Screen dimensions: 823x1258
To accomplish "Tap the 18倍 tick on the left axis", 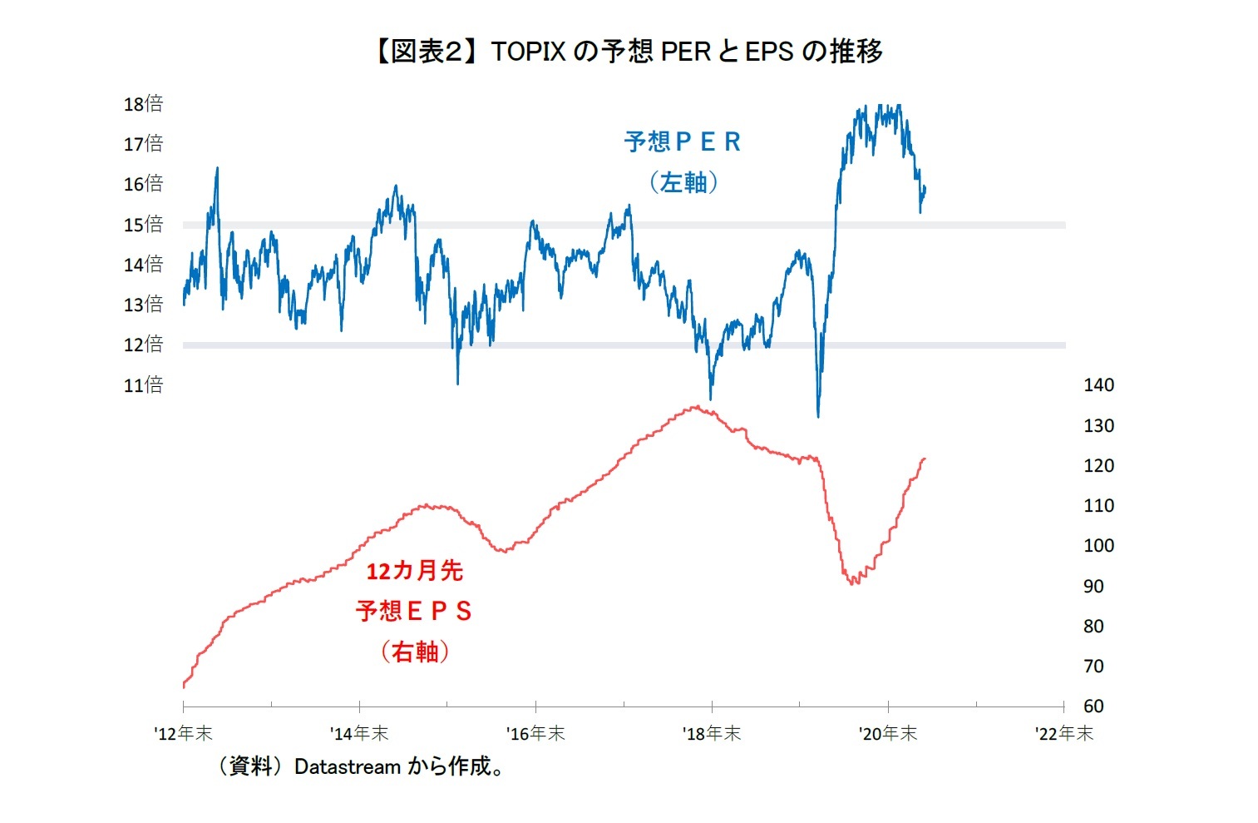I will [143, 104].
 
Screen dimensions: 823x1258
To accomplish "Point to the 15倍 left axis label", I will [143, 225].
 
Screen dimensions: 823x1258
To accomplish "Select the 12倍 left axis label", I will [143, 345].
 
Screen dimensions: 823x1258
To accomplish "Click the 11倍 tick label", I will [143, 385].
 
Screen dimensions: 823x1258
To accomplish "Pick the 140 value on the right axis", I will [1098, 385].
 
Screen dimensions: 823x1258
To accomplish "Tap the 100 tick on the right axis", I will [1098, 546].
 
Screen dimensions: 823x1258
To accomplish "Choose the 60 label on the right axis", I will [1093, 706].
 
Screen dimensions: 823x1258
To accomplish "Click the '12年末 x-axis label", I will [184, 733].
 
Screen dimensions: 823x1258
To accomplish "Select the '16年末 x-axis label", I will [535, 733].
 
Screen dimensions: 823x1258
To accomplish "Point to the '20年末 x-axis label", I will [888, 733].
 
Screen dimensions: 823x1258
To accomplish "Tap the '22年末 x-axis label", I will [1064, 733].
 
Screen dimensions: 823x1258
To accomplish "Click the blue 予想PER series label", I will [683, 142].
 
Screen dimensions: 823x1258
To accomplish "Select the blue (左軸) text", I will [683, 182].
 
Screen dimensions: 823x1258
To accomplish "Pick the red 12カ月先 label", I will [414, 571].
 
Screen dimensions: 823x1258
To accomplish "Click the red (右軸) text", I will [414, 651].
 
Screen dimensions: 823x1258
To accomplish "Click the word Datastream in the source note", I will [348, 766].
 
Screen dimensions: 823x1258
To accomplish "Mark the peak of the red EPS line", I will [697, 407].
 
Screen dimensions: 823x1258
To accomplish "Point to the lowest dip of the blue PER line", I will [818, 416].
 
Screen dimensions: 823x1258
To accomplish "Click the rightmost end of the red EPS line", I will [925, 459].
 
